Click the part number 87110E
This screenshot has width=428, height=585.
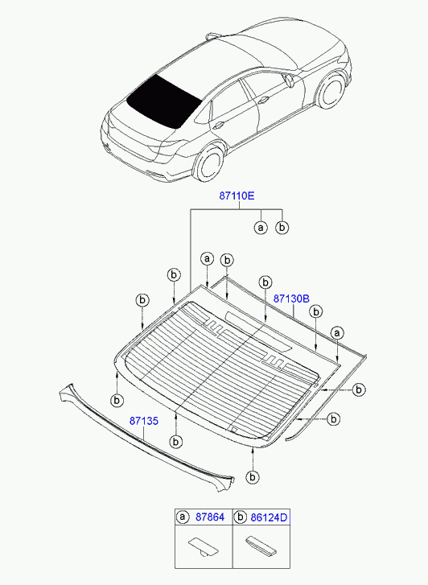[x=237, y=196]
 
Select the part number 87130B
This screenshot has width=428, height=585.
[x=291, y=299]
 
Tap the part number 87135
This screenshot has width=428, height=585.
[x=144, y=421]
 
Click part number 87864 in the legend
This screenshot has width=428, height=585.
[x=210, y=517]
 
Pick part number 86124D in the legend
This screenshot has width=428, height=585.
[x=269, y=517]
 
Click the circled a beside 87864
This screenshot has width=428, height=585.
[x=182, y=517]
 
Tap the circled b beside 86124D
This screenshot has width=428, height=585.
[x=240, y=517]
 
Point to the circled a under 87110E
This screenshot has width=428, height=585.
[x=261, y=227]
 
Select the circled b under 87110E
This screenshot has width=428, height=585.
[x=282, y=227]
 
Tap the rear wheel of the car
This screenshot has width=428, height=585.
[x=209, y=164]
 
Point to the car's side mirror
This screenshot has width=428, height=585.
[x=288, y=80]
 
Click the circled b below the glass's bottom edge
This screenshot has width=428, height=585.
[x=253, y=477]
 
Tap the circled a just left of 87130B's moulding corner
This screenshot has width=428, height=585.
[x=207, y=258]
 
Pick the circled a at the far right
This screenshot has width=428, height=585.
[x=337, y=333]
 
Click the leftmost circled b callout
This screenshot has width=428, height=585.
[x=117, y=400]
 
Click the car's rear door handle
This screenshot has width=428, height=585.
[x=218, y=126]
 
